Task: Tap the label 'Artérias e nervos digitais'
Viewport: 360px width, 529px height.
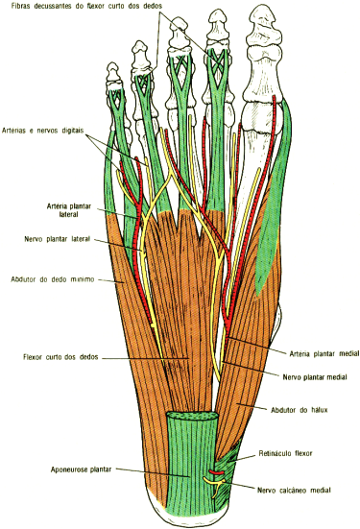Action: (42, 132)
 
